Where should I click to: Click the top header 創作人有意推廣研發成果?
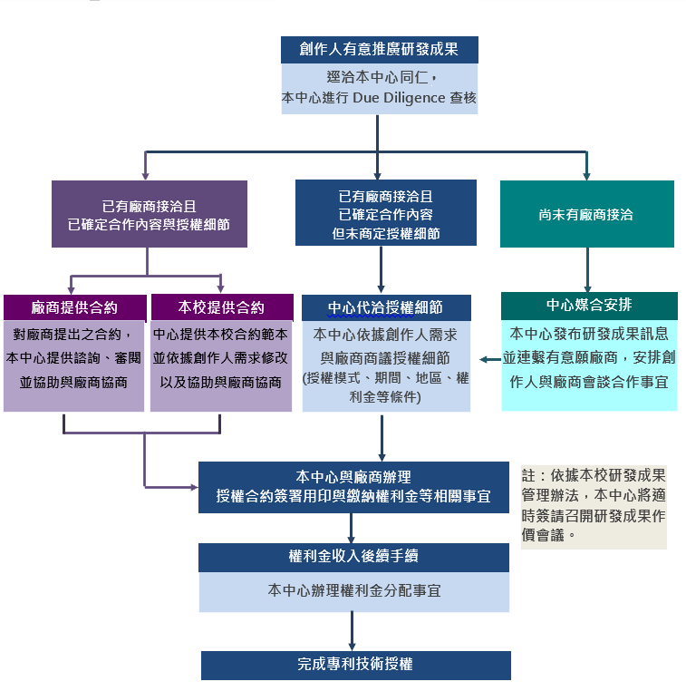click(x=377, y=49)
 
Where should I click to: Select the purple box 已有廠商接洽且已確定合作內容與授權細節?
click(x=150, y=214)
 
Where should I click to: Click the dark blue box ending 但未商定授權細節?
click(x=385, y=214)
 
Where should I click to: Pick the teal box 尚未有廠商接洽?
click(x=586, y=215)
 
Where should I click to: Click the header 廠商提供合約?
click(x=74, y=307)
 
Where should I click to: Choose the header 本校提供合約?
click(x=221, y=307)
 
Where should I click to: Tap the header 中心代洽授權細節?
click(x=385, y=307)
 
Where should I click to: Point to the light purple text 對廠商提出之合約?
click(x=73, y=334)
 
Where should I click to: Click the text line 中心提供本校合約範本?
click(x=221, y=334)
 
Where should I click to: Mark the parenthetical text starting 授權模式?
click(x=386, y=388)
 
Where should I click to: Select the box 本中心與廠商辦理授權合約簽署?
click(x=353, y=486)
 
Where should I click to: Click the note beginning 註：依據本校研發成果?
click(x=593, y=505)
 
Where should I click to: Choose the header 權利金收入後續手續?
click(x=353, y=557)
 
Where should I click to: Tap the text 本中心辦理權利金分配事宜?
click(x=353, y=590)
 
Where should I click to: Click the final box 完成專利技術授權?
click(x=355, y=665)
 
